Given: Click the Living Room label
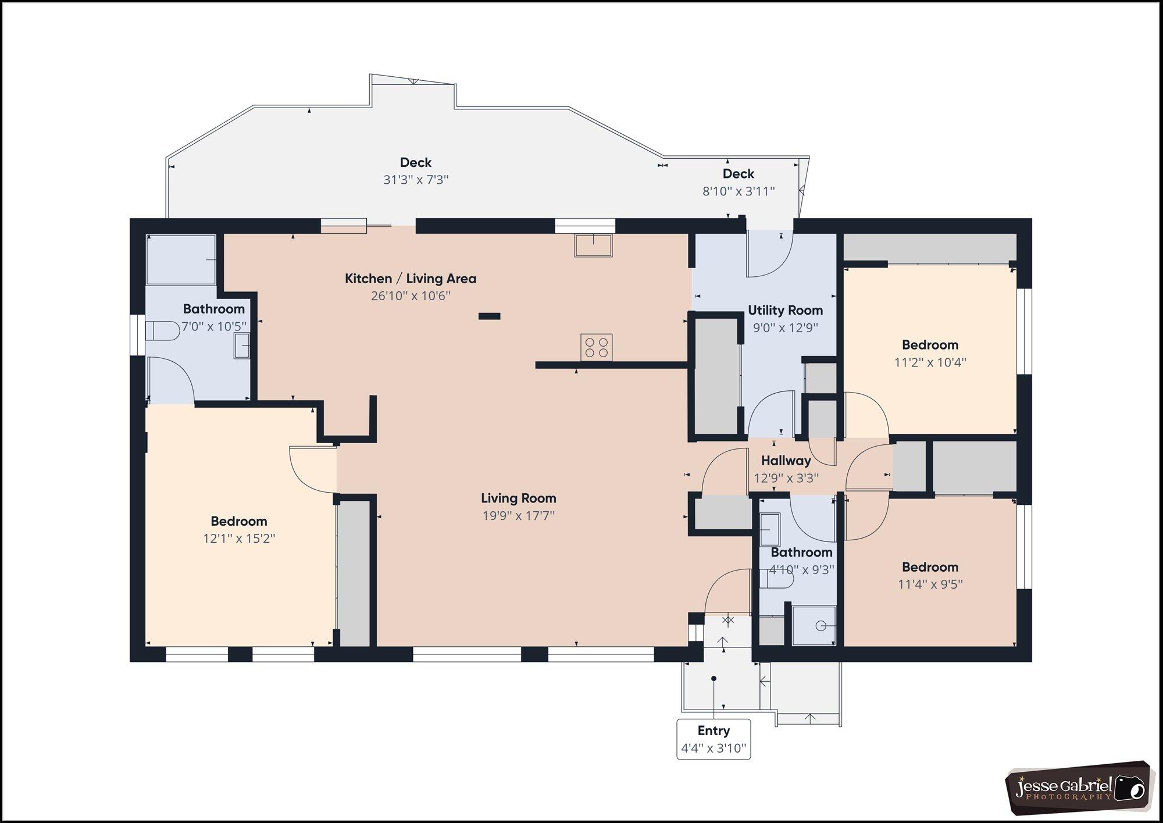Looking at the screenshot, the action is click(518, 498).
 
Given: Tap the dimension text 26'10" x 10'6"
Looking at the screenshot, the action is click(411, 296).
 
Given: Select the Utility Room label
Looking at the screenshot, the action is click(785, 311).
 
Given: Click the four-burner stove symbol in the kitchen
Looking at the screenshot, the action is click(596, 347).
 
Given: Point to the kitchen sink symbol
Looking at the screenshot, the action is click(593, 245).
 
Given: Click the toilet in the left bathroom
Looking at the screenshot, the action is click(162, 331).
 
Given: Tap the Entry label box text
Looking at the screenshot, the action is click(714, 731).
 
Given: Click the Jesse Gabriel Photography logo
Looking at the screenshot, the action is click(1079, 787).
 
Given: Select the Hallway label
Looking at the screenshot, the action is click(786, 461).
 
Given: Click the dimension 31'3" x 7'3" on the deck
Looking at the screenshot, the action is click(416, 180).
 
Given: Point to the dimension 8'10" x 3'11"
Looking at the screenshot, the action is click(739, 191).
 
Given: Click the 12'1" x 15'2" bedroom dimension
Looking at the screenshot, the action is click(239, 539).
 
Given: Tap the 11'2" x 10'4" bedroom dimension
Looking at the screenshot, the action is click(930, 362).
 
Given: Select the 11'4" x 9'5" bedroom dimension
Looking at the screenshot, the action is click(930, 584).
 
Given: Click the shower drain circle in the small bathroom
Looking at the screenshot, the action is click(820, 626).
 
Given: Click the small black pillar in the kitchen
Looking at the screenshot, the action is click(489, 316).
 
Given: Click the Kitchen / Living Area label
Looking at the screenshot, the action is click(411, 279).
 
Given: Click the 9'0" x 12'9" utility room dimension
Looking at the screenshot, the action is click(785, 328).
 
